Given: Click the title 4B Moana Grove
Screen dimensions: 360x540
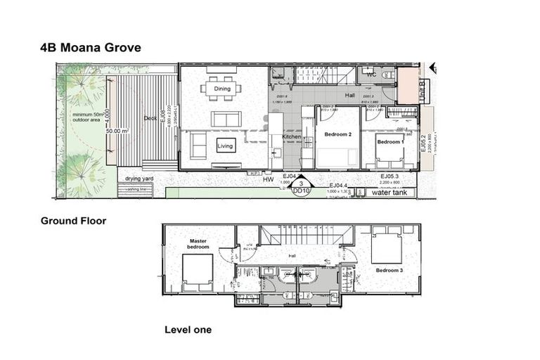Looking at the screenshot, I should coord(91,48).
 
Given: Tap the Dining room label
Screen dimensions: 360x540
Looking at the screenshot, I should coord(222,89).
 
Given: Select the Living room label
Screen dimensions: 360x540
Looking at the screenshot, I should coord(225,146).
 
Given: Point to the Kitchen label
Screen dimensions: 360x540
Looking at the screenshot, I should coord(292,136).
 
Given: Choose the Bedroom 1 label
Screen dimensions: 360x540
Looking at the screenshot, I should coord(390,142).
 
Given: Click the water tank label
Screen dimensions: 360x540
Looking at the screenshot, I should coord(390,192).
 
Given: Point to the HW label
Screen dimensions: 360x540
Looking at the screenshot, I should coord(268,180).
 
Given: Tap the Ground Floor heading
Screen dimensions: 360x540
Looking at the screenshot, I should coord(73,221).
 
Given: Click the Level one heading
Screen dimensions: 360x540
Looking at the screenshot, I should coord(188,329).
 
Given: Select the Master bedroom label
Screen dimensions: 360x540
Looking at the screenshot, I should coord(198,243).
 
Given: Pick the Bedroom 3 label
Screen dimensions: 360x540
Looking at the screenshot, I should coord(388,270).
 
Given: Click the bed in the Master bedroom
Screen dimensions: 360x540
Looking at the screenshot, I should coord(197,273).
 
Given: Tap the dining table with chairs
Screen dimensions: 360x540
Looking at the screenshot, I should coord(222,89).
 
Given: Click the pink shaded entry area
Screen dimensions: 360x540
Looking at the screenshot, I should coord(406,86).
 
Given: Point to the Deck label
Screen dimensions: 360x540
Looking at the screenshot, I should coord(150,118).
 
